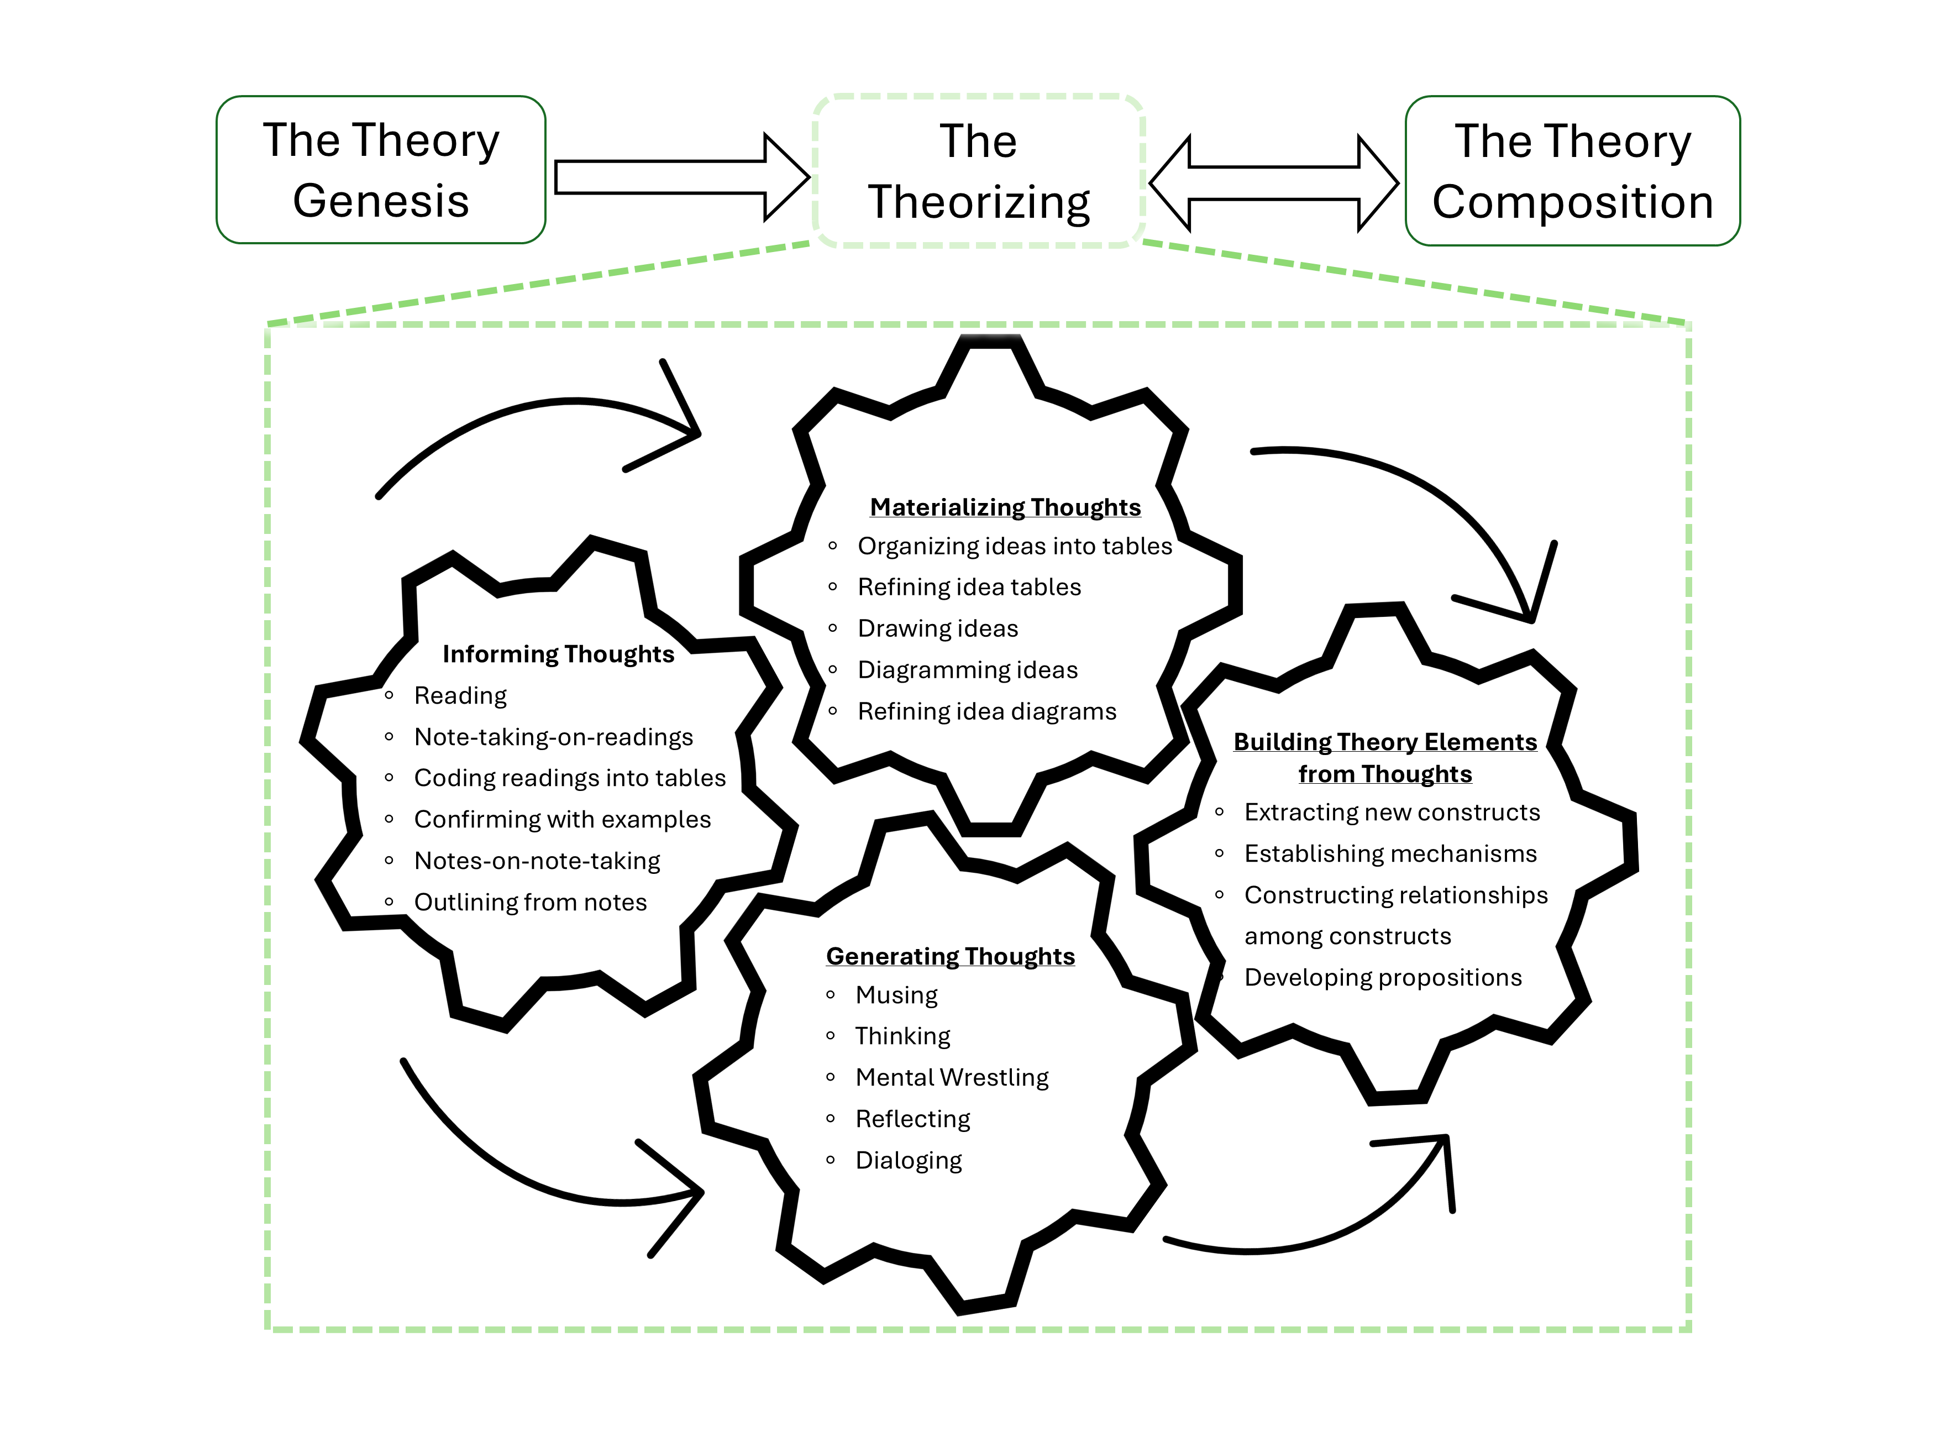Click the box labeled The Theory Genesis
tap(381, 170)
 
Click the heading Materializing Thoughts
tap(1005, 507)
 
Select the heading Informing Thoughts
tap(558, 654)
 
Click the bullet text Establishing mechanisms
tap(1390, 853)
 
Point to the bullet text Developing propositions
tap(1383, 978)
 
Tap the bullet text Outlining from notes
tap(530, 902)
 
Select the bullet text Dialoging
tap(908, 1160)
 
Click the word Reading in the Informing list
tap(460, 695)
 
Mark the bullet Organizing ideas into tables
tap(1014, 546)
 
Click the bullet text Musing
tap(896, 995)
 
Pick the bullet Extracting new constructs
tap(1392, 812)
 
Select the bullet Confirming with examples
tap(561, 820)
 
